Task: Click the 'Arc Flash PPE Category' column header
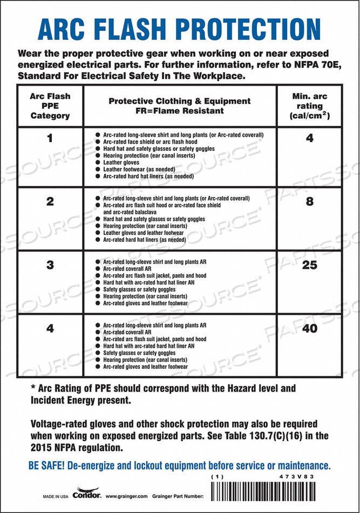pos(50,106)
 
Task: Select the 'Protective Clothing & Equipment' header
pos(180,106)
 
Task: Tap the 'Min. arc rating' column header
pos(309,106)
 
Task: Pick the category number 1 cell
pos(50,138)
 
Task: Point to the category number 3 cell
pos(50,265)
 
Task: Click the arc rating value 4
pos(309,138)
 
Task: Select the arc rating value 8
pos(309,201)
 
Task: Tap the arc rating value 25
pos(309,265)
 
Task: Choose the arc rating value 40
pos(309,328)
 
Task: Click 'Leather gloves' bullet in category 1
pos(121,163)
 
